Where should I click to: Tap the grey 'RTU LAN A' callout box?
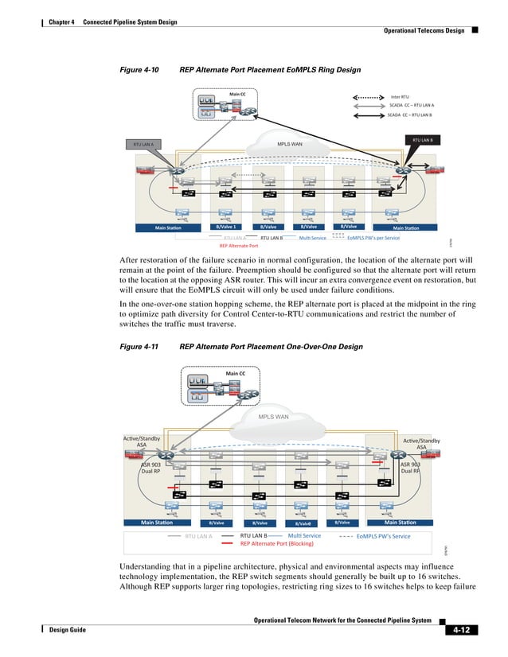[x=143, y=145]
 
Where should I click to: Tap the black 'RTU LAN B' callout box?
[x=422, y=140]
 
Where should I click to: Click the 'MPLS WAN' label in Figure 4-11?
[x=273, y=416]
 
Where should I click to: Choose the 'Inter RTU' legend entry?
[x=399, y=96]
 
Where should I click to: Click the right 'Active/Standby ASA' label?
[x=421, y=443]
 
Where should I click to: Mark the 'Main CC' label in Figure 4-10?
[x=237, y=94]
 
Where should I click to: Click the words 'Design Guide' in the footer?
[x=67, y=628]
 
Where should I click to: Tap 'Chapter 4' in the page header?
[x=61, y=21]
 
